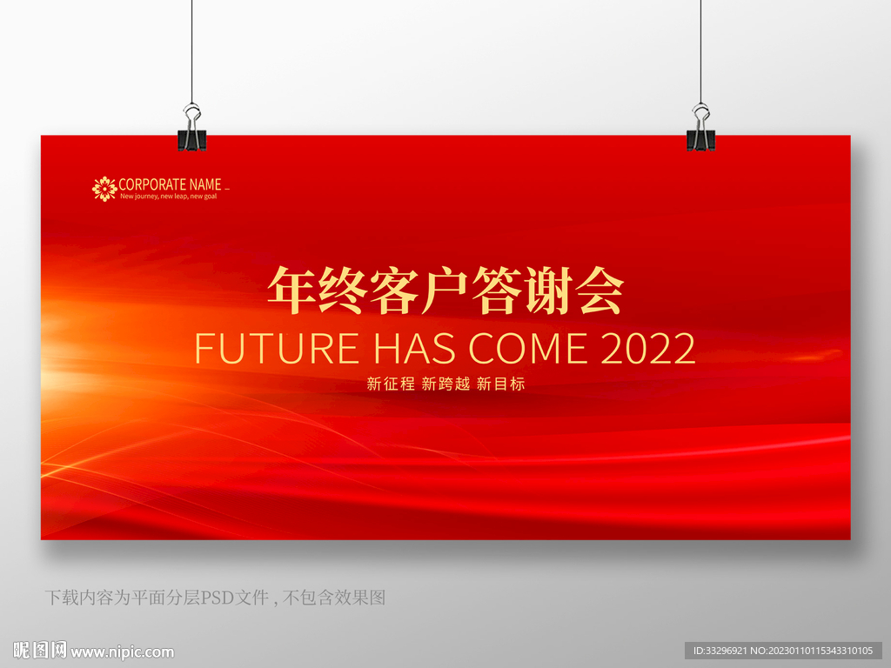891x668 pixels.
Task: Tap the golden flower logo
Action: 104,189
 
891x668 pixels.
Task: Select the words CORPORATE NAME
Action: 170,184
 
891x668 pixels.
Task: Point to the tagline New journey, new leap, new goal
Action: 168,197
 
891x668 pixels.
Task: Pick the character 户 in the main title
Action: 445,291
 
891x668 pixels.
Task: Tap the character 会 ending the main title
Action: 600,291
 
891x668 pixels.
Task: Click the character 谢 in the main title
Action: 549,291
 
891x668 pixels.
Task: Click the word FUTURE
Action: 277,348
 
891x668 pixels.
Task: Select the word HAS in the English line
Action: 415,348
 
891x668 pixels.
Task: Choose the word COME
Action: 528,348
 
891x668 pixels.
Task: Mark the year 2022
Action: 648,348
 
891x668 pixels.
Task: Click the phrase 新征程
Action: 391,384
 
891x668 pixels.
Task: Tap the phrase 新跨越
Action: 445,384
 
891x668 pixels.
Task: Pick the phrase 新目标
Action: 500,384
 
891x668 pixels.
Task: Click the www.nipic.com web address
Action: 122,652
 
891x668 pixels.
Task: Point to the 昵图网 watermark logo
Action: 40,650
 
